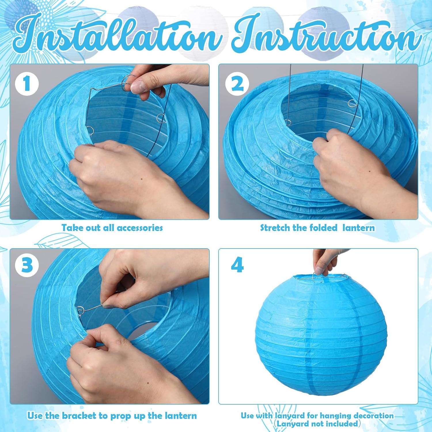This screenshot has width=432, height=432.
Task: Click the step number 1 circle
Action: (x=27, y=84)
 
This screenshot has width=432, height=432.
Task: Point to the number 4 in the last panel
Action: (x=237, y=265)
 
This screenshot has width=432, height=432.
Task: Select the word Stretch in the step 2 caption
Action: (x=275, y=228)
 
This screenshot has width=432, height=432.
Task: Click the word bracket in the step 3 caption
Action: (x=79, y=416)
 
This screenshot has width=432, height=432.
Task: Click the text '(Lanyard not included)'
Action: (x=317, y=424)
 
